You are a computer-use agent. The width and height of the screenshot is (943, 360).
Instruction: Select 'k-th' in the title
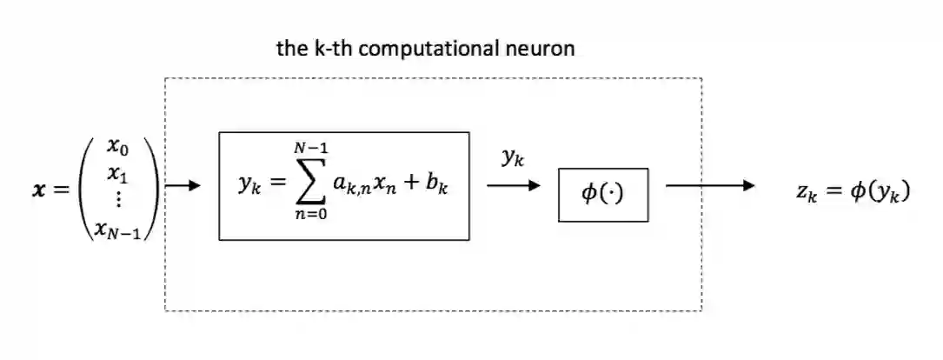pyautogui.click(x=333, y=49)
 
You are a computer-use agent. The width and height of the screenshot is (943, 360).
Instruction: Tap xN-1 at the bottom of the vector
pyautogui.click(x=118, y=228)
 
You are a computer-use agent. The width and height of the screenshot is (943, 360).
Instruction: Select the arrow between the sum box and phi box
pyautogui.click(x=514, y=185)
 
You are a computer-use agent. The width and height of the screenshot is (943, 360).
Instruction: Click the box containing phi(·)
pyautogui.click(x=602, y=194)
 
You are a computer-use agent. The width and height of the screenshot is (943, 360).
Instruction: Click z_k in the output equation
pyautogui.click(x=805, y=193)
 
